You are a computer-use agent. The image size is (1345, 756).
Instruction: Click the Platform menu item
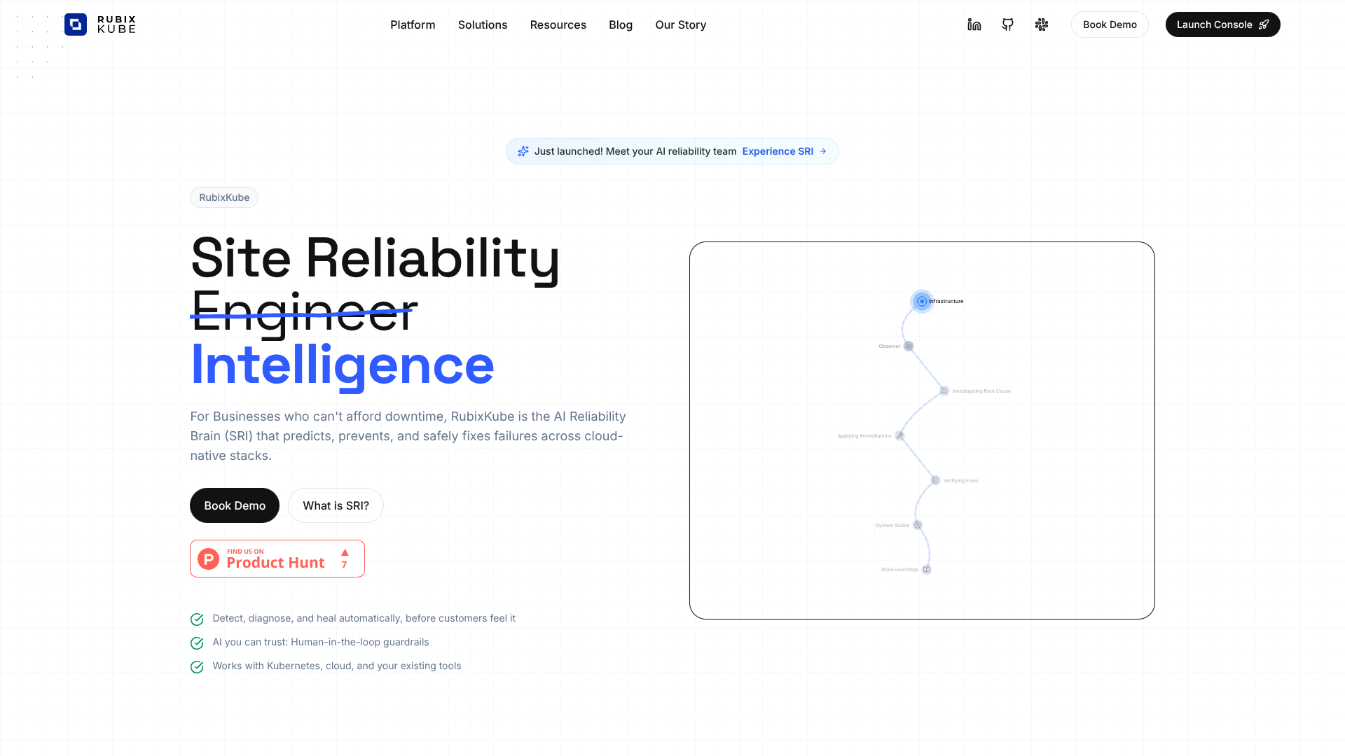pos(413,25)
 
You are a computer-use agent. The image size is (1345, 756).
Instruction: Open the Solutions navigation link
pos(483,25)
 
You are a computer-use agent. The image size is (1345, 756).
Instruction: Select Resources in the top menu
pos(558,25)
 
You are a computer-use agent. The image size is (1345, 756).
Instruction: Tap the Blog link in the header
pos(621,25)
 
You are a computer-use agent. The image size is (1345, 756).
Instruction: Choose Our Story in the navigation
pos(681,25)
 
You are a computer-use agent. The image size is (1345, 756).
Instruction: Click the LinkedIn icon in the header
pos(974,25)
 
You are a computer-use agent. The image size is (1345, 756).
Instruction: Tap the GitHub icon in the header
pos(1008,25)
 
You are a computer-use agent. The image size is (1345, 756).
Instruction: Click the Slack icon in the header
pos(1042,25)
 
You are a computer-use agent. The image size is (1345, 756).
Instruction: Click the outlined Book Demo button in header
pos(1110,25)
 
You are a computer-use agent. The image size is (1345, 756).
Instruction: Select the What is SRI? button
pos(336,505)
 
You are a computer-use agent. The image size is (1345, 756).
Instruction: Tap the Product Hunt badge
pos(277,559)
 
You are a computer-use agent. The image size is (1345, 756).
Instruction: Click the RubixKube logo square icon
pos(76,24)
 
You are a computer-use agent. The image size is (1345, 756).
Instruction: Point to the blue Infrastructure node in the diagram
pos(922,301)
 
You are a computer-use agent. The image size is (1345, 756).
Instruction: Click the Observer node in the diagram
pos(909,346)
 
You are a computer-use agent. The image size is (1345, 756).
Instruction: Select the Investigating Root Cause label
pos(981,391)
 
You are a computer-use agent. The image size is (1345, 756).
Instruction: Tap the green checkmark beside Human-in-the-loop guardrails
pos(197,643)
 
